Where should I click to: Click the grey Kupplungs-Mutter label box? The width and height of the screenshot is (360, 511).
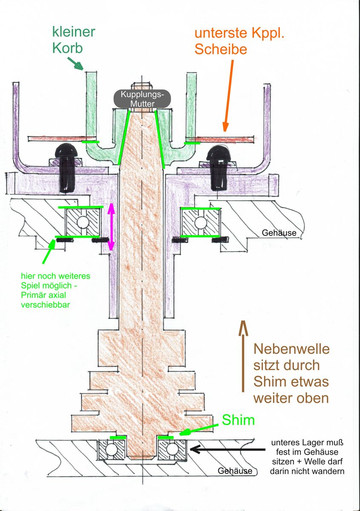pos(142,99)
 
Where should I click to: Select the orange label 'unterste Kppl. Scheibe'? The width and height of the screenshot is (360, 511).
pos(239,42)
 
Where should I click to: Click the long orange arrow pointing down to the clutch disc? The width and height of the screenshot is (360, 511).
pos(229,95)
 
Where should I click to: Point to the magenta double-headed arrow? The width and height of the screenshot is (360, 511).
pos(111,227)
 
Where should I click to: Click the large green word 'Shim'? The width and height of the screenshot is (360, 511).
pos(238,421)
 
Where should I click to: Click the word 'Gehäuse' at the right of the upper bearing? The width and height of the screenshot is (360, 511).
pos(279,233)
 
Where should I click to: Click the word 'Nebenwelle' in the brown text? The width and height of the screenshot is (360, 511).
pos(291,349)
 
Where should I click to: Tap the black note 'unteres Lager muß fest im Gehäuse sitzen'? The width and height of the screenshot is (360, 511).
pos(307,457)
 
